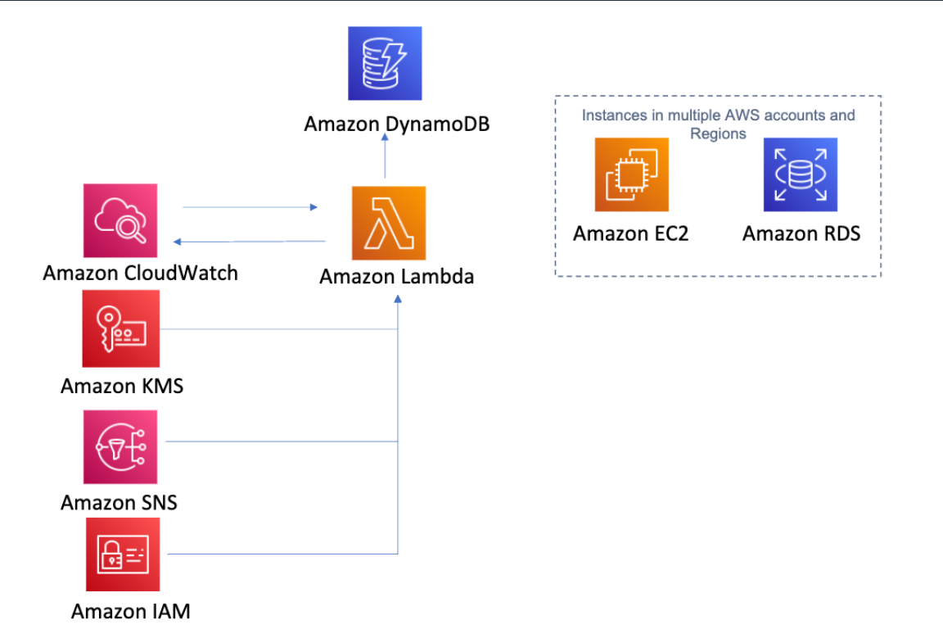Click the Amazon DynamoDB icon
click(x=385, y=63)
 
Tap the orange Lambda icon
click(x=389, y=223)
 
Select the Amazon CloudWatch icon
click(x=120, y=220)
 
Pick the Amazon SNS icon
click(x=120, y=447)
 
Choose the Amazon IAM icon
click(x=123, y=554)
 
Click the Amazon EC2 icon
click(x=631, y=174)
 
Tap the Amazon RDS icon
click(x=801, y=174)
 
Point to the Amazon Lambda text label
click(x=396, y=277)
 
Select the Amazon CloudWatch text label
click(x=140, y=273)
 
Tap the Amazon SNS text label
click(x=119, y=502)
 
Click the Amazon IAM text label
click(x=131, y=611)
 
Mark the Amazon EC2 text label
click(x=630, y=233)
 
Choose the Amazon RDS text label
click(x=801, y=233)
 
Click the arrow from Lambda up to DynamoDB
click(x=385, y=159)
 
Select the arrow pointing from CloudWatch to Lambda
click(x=250, y=207)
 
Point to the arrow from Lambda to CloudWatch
click(x=250, y=241)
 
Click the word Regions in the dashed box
click(x=718, y=133)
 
